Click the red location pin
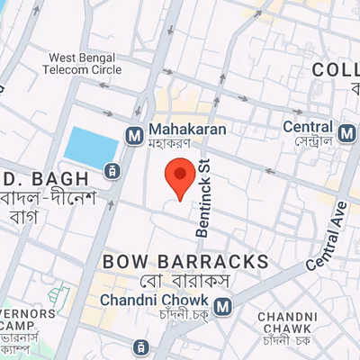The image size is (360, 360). coord(181,177)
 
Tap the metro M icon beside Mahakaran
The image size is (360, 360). coord(134,135)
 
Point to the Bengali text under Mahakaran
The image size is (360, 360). coord(178,144)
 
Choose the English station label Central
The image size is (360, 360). coord(307,127)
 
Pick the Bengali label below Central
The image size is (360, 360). coord(309,142)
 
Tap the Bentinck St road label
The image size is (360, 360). coord(203,197)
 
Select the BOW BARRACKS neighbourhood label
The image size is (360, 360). coord(186,261)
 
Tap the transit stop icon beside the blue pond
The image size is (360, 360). coord(112,170)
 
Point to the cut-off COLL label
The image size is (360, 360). coord(335,70)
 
